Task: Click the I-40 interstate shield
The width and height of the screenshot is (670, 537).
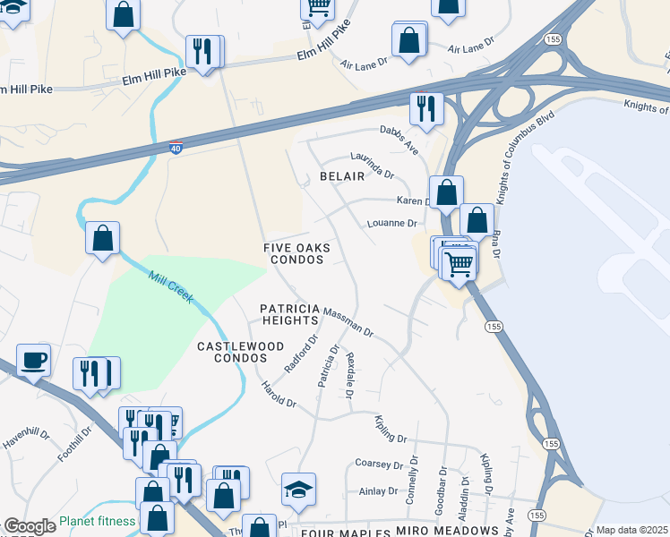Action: click(x=177, y=149)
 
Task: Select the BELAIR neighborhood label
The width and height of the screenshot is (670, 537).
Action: click(x=342, y=176)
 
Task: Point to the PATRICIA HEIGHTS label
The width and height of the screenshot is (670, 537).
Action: click(x=289, y=314)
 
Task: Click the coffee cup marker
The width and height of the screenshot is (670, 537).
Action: click(x=33, y=360)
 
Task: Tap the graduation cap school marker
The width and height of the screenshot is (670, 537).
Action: click(x=298, y=489)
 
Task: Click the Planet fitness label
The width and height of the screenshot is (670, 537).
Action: click(x=98, y=521)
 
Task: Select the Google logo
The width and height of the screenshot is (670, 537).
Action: click(x=30, y=526)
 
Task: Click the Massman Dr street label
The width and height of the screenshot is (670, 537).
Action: click(x=348, y=324)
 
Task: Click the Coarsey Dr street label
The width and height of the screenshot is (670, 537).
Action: click(x=380, y=465)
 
